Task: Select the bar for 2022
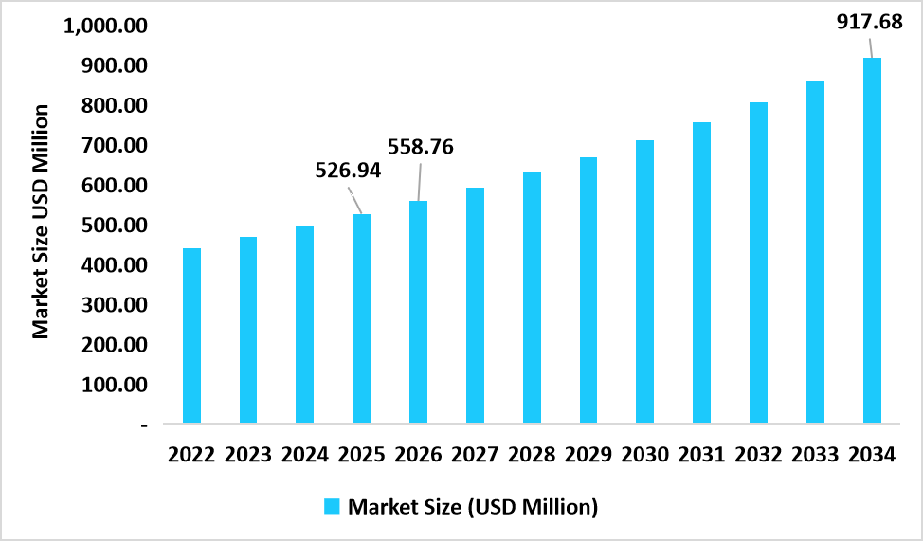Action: (x=191, y=335)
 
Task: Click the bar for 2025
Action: (x=361, y=318)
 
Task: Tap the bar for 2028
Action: (x=532, y=298)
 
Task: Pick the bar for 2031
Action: (x=701, y=273)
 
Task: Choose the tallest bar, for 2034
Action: (x=872, y=241)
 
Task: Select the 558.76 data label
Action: (x=421, y=147)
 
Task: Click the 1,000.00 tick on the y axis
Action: (x=105, y=26)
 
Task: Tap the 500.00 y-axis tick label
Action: (x=113, y=226)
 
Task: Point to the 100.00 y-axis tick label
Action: (x=113, y=386)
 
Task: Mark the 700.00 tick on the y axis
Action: (x=113, y=146)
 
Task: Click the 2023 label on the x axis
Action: (x=248, y=455)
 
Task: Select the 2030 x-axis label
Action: (x=644, y=455)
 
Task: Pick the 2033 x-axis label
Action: (x=815, y=455)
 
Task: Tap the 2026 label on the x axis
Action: (x=418, y=455)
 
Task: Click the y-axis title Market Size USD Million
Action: (x=40, y=222)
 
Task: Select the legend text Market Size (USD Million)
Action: (x=473, y=506)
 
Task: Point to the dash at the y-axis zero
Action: (x=144, y=425)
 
